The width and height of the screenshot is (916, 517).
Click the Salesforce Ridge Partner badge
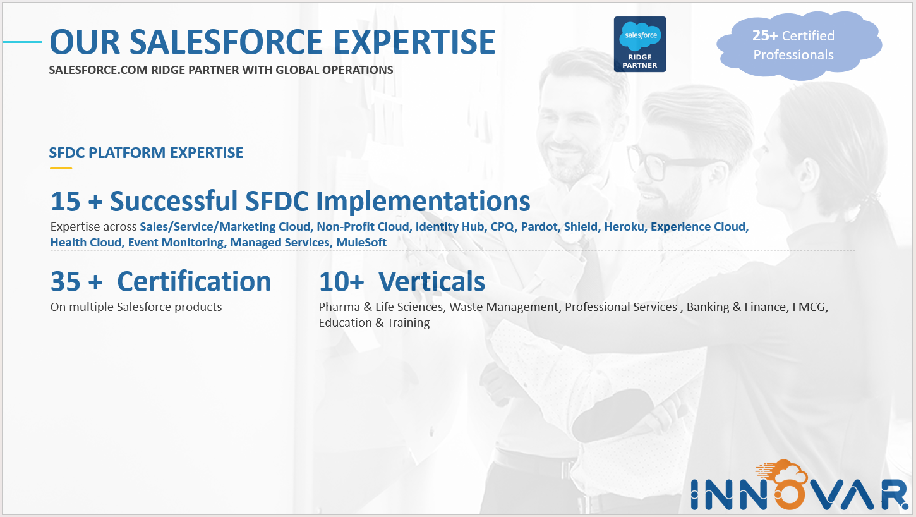[640, 44]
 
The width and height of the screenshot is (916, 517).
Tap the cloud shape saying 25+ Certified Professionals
[799, 45]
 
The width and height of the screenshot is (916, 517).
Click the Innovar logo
[799, 486]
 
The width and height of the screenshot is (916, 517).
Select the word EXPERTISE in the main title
[414, 42]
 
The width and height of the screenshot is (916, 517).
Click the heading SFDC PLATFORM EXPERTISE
[146, 152]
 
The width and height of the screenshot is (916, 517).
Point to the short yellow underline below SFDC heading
[61, 168]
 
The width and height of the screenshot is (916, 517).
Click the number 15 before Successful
[66, 201]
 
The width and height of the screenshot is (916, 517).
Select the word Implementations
[423, 201]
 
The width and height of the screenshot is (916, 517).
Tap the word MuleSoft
[361, 243]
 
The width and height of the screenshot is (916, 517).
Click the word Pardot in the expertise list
[539, 227]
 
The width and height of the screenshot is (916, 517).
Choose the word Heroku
[624, 227]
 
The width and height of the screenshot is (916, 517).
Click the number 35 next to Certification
[66, 282]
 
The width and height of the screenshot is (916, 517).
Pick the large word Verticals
[431, 281]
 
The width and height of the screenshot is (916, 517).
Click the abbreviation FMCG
[810, 307]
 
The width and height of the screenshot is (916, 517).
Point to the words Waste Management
[504, 307]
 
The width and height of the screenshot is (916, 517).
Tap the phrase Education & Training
[374, 323]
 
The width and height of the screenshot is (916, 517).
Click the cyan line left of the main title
[23, 42]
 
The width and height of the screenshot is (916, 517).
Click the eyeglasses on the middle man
[671, 163]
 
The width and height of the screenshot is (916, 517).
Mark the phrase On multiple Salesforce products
[136, 307]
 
